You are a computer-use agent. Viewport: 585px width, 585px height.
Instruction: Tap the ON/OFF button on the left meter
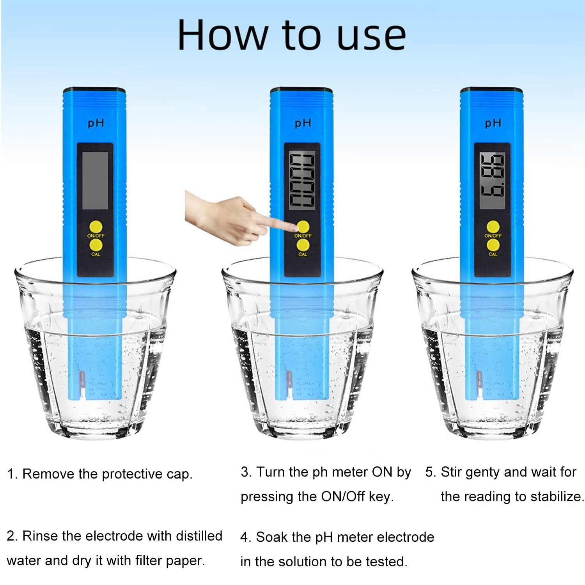click(96, 227)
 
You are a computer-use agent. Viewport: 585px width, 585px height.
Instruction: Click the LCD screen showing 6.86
click(492, 175)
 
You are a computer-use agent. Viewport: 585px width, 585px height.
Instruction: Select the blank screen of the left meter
click(95, 181)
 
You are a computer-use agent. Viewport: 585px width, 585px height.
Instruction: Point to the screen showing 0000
click(302, 181)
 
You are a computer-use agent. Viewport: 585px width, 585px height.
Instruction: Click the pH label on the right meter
click(493, 123)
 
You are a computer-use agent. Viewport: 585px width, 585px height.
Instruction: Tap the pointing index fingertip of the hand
click(293, 227)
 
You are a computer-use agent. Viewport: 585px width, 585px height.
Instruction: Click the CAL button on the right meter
click(493, 245)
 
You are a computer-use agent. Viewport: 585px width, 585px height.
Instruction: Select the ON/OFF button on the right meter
click(493, 227)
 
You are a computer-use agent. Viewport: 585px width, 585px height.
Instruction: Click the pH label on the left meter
click(96, 123)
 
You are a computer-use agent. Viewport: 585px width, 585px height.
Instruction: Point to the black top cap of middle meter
click(301, 90)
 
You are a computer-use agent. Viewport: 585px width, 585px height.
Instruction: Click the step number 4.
click(244, 537)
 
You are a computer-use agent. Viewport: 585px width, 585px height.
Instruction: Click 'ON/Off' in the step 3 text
click(342, 496)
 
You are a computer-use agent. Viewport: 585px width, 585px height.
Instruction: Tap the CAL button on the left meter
click(96, 245)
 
